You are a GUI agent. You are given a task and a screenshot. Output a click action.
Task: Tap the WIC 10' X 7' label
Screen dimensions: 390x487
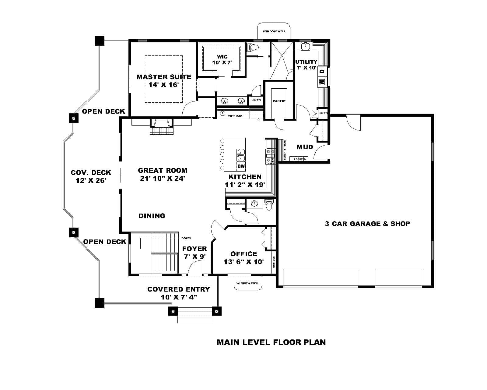(222, 59)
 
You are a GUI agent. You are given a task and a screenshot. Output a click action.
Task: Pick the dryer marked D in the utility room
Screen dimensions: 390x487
(322, 71)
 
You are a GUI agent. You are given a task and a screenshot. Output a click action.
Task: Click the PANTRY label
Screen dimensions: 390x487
(279, 101)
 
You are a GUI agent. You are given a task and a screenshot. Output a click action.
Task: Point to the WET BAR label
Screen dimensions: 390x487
(235, 116)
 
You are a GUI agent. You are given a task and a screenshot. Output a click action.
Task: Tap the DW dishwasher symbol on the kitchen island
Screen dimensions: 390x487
(241, 166)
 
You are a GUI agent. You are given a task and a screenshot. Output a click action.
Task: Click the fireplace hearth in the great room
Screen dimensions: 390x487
(161, 130)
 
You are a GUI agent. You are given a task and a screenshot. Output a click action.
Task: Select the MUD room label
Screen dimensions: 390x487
(305, 147)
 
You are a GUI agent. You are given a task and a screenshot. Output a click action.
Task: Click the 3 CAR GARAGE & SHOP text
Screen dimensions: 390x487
(367, 224)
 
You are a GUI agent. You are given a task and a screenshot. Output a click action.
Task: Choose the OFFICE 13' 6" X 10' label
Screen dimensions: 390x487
(243, 258)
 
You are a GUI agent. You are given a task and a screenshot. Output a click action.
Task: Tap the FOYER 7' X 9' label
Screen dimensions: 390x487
(194, 253)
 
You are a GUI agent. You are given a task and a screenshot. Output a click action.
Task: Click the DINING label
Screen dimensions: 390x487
(152, 216)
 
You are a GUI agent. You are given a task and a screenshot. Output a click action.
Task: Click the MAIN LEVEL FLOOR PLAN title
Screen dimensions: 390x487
(271, 342)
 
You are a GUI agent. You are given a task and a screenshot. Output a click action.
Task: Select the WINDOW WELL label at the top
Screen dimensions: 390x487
(274, 31)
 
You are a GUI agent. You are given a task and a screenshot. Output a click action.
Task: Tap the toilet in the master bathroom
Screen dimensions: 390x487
(253, 47)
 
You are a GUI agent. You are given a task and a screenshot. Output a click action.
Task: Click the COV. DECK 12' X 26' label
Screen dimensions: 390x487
(91, 176)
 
